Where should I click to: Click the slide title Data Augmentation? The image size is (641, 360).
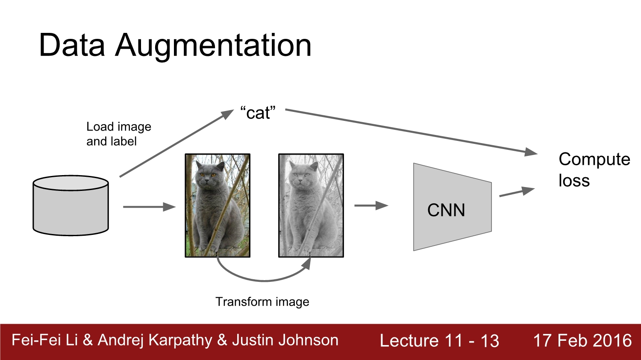(x=175, y=45)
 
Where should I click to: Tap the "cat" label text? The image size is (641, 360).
(x=258, y=113)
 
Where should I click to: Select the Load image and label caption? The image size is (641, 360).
(x=118, y=134)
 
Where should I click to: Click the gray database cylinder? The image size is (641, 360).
(x=71, y=205)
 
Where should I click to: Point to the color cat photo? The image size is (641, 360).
(x=217, y=205)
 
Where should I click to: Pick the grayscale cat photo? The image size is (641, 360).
(x=311, y=205)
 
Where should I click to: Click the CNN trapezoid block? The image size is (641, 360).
(x=452, y=208)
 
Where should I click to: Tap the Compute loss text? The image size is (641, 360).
(x=594, y=170)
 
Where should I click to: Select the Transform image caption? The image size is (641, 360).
(x=262, y=302)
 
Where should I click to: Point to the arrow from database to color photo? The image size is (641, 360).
(x=149, y=207)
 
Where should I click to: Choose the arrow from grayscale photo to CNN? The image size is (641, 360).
(x=371, y=205)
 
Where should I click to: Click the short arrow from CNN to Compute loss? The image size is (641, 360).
(x=517, y=192)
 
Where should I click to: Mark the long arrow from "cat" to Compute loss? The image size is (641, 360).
(x=410, y=131)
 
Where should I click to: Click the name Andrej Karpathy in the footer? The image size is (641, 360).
(x=155, y=340)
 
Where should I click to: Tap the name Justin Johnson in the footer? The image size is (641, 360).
(x=285, y=340)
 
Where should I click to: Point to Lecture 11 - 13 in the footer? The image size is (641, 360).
(x=439, y=341)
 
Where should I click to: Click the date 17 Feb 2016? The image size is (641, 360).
(x=582, y=341)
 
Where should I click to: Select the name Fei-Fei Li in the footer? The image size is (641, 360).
(x=44, y=340)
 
